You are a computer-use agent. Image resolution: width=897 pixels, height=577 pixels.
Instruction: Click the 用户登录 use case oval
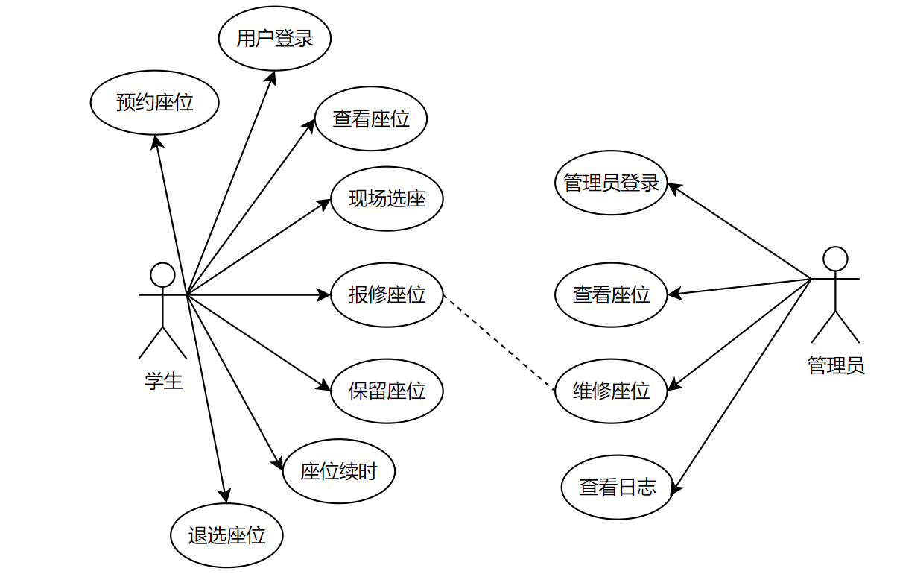[x=275, y=39]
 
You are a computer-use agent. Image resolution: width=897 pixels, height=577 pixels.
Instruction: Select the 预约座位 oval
[x=155, y=102]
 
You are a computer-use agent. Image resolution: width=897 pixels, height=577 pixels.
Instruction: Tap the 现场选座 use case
[x=387, y=199]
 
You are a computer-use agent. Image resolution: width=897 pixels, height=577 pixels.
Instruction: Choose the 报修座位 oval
[x=387, y=294]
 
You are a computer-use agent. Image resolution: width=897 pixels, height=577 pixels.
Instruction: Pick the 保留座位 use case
[x=387, y=391]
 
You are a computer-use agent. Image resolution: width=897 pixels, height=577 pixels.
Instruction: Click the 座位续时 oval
[x=339, y=471]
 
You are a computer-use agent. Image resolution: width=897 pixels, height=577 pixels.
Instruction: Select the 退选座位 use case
[x=226, y=535]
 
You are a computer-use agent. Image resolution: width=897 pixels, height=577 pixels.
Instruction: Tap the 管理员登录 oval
[x=611, y=183]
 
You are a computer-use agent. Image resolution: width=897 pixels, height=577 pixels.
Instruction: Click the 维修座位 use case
[x=611, y=391]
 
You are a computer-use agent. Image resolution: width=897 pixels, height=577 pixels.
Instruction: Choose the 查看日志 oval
[x=618, y=488]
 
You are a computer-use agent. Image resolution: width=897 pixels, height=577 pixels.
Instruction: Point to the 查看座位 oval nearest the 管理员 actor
[x=611, y=294]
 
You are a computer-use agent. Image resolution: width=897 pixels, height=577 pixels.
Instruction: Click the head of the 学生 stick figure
[x=162, y=274]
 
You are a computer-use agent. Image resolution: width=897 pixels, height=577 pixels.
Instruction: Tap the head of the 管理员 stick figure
[x=835, y=259]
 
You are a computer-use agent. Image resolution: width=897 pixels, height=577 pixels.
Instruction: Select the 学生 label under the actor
[x=163, y=382]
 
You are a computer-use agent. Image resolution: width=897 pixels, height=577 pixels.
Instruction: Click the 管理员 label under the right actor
[x=836, y=365]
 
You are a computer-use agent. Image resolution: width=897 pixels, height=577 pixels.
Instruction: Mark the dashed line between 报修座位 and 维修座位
[x=499, y=342]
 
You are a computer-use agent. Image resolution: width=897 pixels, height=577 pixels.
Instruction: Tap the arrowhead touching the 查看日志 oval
[x=676, y=488]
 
